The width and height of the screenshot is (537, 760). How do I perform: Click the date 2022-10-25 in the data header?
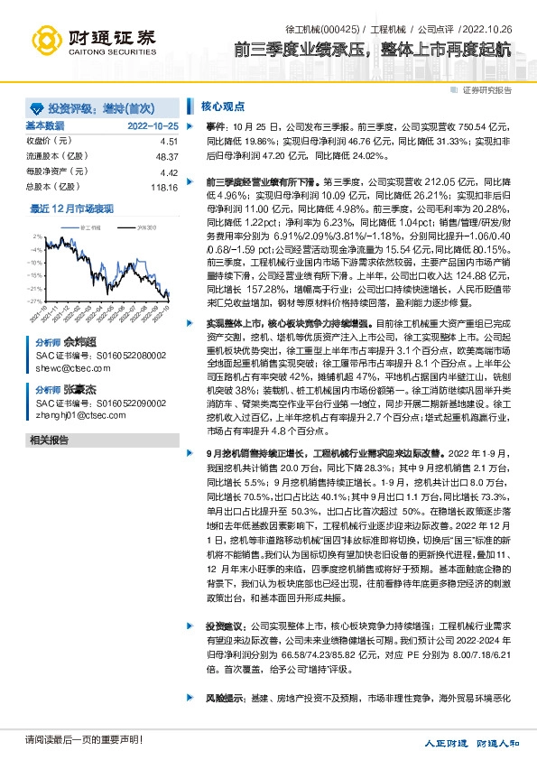click(153, 126)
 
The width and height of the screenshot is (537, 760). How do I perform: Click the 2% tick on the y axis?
click(37, 236)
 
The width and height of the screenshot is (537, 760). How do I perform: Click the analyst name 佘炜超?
click(78, 344)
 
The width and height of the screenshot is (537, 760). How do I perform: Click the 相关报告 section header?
click(49, 440)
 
